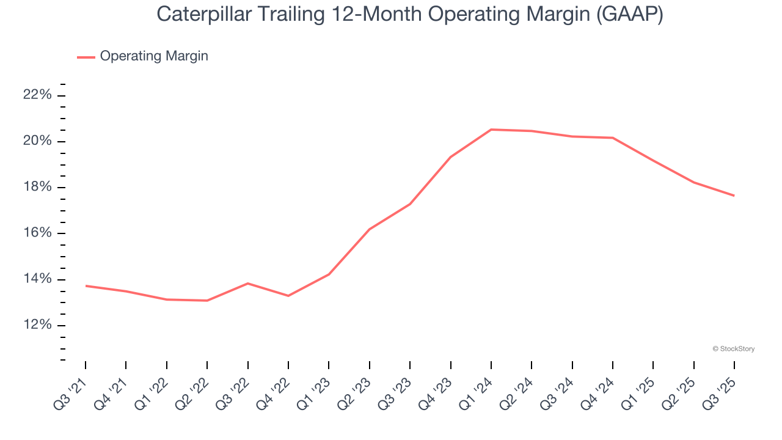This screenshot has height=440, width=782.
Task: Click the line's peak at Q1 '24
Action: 491,130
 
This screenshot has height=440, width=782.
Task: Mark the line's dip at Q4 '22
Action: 288,296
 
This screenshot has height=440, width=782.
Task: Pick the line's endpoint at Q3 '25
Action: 734,196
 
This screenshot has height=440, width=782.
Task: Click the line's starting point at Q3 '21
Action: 86,285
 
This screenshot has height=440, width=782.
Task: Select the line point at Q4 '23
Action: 450,157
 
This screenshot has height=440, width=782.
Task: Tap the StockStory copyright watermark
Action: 733,349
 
